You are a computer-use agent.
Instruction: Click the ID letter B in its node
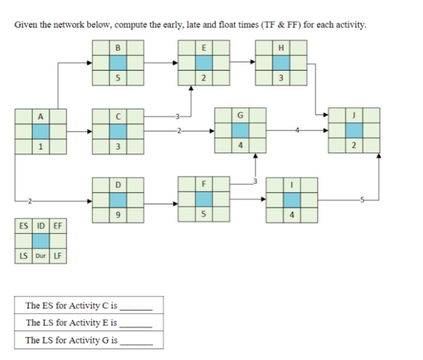pyautogui.click(x=118, y=47)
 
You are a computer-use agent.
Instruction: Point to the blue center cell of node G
pyautogui.click(x=241, y=130)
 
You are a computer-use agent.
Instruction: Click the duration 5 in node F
pyautogui.click(x=204, y=213)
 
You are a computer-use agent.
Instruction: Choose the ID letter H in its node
pyautogui.click(x=281, y=47)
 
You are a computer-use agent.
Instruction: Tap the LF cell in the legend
pyautogui.click(x=57, y=255)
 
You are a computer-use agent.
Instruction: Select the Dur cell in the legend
pyautogui.click(x=40, y=255)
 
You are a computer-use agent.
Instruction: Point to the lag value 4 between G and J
pyautogui.click(x=297, y=130)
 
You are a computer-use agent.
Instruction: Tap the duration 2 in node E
pyautogui.click(x=204, y=80)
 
